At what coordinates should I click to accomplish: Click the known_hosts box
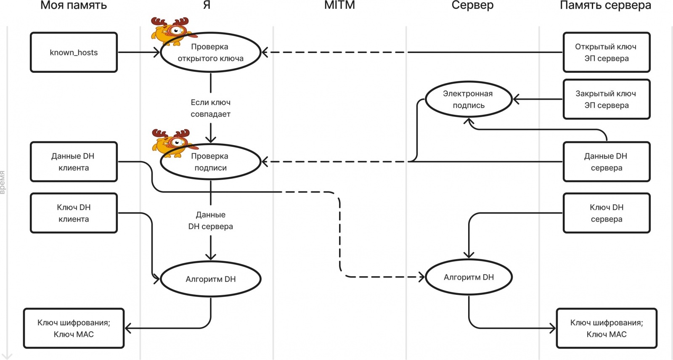coord(74,53)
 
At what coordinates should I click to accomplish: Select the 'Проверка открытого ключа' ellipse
coord(211,53)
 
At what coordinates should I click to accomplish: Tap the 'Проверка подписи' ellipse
coord(211,162)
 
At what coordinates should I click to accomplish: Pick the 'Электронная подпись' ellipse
coord(468,99)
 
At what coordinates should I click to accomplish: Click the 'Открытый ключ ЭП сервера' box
coord(606,53)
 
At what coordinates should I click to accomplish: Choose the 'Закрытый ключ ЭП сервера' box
coord(606,99)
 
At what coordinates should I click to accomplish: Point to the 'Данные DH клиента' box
coord(74,162)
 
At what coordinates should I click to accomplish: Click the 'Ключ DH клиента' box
coord(74,213)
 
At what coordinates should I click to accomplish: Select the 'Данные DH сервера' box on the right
coord(606,162)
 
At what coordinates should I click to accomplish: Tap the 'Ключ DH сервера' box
coord(606,213)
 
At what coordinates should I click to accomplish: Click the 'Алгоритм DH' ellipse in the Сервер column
coord(469,277)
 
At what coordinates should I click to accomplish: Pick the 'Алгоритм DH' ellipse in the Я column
coord(211,279)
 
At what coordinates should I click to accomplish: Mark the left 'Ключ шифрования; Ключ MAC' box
coord(74,328)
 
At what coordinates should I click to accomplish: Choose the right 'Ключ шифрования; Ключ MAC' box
coord(606,328)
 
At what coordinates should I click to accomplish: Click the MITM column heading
coord(339,5)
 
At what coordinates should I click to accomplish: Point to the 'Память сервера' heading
coord(605,5)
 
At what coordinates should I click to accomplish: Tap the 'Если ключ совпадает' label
coord(211,108)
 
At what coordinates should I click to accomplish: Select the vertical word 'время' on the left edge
coord(3,182)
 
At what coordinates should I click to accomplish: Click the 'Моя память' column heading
coord(74,5)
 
